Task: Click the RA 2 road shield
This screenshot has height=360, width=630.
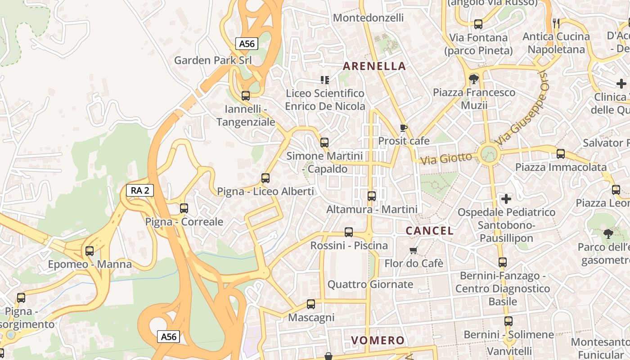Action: click(139, 190)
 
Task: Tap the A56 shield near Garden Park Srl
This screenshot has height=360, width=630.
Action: click(247, 44)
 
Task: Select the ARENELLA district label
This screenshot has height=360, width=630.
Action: click(374, 66)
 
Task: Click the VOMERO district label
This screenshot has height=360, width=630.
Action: click(378, 340)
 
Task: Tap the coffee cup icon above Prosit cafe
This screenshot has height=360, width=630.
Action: click(404, 128)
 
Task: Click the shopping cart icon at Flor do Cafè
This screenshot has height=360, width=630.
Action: click(414, 250)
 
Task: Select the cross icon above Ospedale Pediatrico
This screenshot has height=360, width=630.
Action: click(506, 198)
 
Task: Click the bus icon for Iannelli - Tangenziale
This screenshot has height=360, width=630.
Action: click(246, 96)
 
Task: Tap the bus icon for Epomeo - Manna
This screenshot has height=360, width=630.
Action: click(90, 251)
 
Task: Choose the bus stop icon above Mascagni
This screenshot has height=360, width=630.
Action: click(311, 304)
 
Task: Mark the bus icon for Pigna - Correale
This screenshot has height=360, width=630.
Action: click(184, 208)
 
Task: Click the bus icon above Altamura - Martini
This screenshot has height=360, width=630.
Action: click(372, 196)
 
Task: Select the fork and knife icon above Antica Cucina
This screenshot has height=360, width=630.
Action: click(556, 23)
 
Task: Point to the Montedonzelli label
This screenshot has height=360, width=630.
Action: click(368, 18)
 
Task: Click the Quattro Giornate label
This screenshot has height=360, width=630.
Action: click(370, 284)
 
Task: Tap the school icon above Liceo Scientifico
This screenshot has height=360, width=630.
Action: click(324, 80)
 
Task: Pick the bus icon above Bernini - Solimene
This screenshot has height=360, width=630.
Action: click(508, 321)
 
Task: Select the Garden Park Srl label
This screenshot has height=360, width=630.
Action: click(213, 60)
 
